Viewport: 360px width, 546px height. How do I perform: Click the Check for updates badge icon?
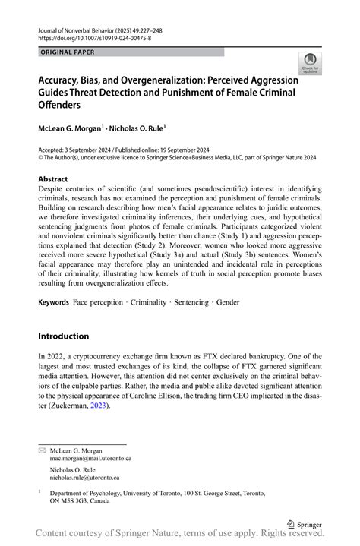click(309, 63)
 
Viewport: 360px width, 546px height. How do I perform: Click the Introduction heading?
click(63, 336)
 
